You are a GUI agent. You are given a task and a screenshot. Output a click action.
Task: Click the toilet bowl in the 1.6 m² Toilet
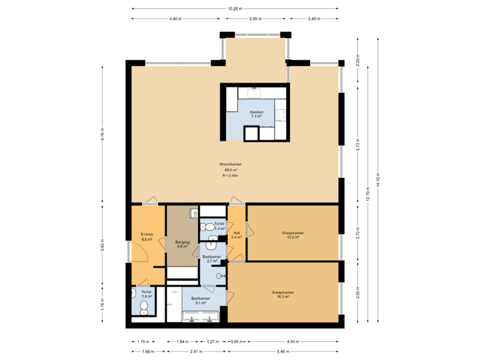144,307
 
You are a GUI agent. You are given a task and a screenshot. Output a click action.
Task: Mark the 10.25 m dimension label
235,9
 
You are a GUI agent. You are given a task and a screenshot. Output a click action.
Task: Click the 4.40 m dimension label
175,19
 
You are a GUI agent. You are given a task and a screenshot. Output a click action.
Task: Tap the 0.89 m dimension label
235,341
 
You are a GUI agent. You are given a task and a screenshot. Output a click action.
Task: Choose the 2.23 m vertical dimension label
358,62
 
